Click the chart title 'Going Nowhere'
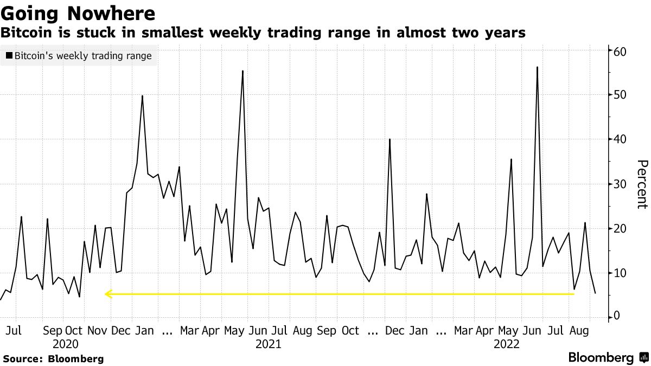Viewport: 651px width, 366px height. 79,12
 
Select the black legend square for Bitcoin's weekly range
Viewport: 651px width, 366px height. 9,56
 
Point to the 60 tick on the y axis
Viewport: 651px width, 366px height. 621,52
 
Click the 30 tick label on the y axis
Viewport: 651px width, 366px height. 621,184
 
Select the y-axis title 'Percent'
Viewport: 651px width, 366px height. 642,184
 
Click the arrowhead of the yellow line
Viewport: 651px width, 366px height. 107,294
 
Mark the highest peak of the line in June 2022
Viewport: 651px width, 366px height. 537,67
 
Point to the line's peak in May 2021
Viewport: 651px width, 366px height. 242,71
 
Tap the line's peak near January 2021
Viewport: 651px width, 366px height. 142,96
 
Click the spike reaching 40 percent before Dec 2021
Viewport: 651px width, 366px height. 390,139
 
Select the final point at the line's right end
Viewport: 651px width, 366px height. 595,293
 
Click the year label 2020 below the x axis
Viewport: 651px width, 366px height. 66,344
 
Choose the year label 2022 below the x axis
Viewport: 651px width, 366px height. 507,344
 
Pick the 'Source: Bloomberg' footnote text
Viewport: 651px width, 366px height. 53,359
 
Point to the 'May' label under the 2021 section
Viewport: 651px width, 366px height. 234,330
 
